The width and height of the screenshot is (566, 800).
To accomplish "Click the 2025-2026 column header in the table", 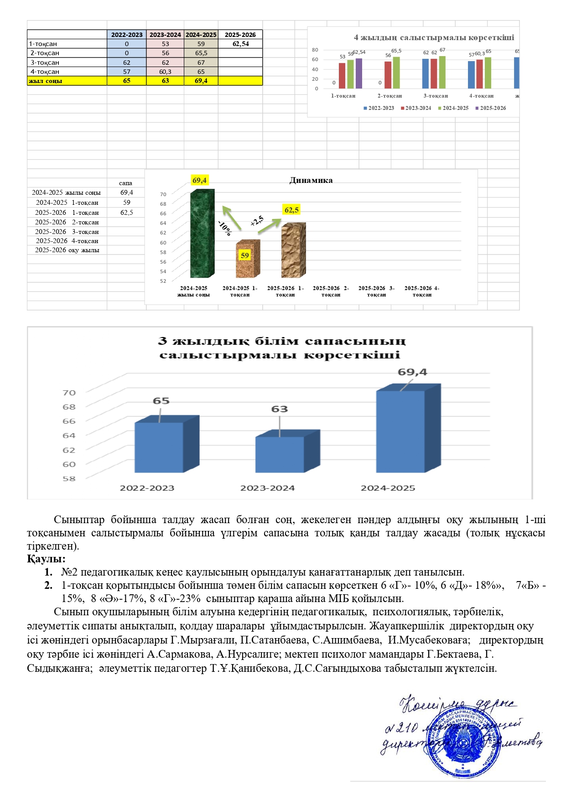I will click(240, 35).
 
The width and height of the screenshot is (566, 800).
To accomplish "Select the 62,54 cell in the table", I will click(240, 44).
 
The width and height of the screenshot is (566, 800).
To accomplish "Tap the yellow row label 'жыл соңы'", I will click(46, 81).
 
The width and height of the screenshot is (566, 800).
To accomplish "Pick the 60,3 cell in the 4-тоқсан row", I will click(165, 72).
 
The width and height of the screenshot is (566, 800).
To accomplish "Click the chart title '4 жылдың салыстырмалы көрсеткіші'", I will click(434, 37).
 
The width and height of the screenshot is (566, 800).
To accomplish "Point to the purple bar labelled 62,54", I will click(359, 73).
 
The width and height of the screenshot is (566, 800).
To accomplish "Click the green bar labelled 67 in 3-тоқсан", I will click(442, 72).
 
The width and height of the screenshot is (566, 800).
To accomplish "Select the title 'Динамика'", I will click(311, 180).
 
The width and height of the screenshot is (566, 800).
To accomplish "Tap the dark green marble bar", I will click(202, 234).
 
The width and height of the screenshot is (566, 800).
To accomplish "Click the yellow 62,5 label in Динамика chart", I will click(291, 210).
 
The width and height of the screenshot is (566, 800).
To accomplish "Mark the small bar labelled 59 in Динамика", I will click(248, 259).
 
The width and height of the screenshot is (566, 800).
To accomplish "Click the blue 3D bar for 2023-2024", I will click(280, 454).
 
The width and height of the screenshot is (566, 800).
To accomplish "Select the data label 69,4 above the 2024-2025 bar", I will click(412, 372).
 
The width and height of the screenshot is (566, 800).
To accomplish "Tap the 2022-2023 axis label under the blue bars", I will click(147, 488).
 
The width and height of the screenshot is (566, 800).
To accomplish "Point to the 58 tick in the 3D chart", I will click(69, 478).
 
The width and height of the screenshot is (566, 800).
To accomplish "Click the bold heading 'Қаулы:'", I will click(46, 559).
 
